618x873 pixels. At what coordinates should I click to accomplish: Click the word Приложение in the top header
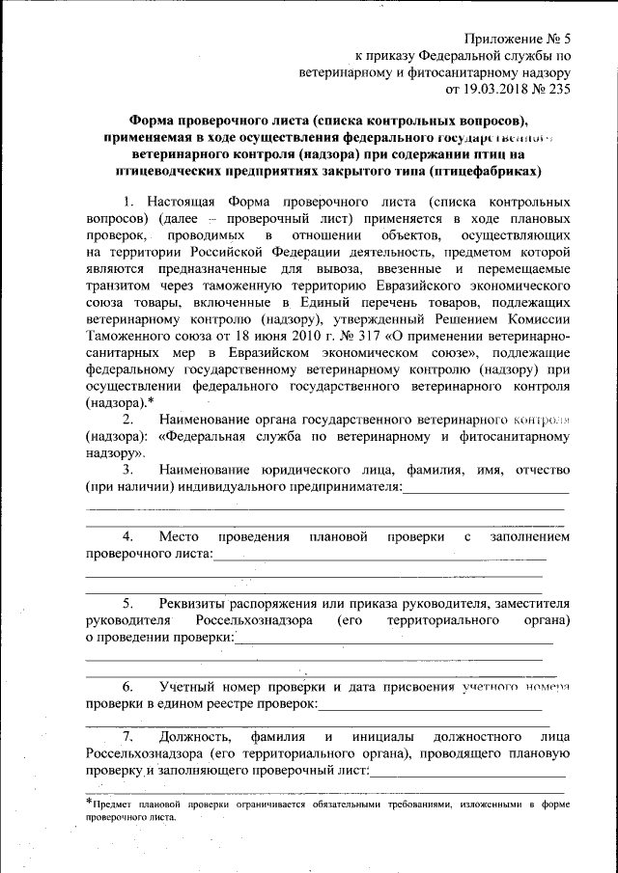point(502,40)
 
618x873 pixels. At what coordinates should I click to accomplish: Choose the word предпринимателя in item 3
point(343,488)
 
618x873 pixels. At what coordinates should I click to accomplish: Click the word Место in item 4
point(180,536)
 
